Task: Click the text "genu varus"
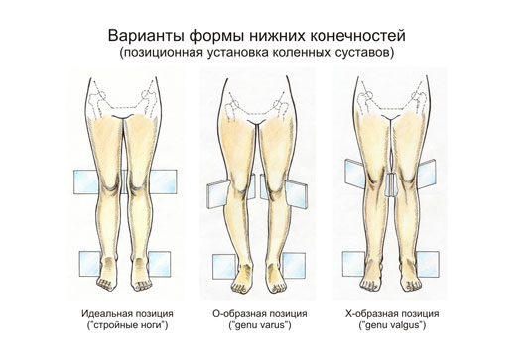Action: click(259, 328)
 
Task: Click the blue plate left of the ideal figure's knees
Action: click(83, 182)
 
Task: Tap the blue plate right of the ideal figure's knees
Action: click(165, 182)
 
